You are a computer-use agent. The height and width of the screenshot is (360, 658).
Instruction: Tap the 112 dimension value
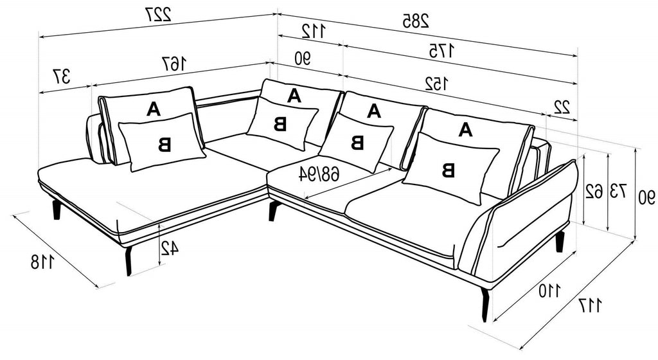(x=313, y=31)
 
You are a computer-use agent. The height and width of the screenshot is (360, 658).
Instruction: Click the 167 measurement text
(x=174, y=64)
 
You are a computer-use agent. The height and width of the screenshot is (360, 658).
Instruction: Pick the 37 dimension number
(x=61, y=76)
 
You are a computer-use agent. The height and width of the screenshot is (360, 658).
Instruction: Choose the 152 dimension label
(x=436, y=84)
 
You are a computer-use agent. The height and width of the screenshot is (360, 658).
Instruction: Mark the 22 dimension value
(x=561, y=108)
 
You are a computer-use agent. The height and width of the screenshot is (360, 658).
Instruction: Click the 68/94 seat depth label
(x=319, y=174)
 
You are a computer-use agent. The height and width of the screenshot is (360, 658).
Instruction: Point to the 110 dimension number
(x=549, y=291)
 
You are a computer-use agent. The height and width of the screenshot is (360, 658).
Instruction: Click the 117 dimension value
(x=590, y=305)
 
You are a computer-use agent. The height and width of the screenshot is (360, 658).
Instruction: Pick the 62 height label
(x=594, y=192)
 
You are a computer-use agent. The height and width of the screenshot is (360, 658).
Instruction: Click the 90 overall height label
(x=646, y=197)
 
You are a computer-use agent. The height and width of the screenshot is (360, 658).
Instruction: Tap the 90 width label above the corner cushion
(x=302, y=59)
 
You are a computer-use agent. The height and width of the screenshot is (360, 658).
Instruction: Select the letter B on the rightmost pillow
(x=448, y=170)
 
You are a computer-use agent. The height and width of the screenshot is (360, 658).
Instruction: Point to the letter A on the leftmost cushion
(x=154, y=109)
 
